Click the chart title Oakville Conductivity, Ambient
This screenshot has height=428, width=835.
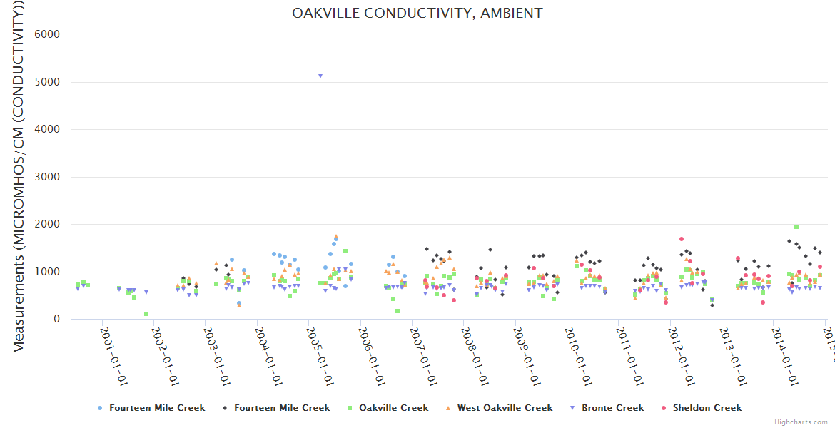(x=417, y=13)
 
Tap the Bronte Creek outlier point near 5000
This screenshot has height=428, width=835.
(x=320, y=76)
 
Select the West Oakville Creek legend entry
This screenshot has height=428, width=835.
(x=505, y=408)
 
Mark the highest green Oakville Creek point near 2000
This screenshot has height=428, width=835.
(x=796, y=227)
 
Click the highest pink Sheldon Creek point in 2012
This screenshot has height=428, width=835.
(x=682, y=239)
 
